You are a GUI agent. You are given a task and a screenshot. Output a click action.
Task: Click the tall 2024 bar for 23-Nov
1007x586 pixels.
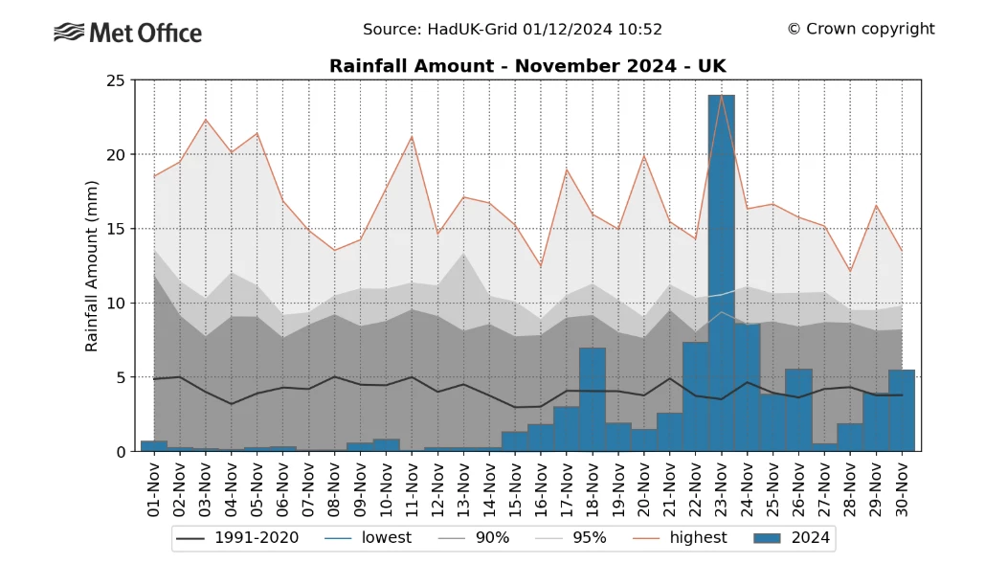click(721, 273)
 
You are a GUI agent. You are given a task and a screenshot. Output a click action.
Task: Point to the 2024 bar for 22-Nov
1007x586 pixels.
click(695, 396)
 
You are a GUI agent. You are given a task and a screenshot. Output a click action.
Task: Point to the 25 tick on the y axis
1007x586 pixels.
click(117, 80)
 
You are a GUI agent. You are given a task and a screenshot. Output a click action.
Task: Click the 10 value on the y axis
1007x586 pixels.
click(117, 304)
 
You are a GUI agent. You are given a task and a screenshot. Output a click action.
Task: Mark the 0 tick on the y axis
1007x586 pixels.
click(122, 452)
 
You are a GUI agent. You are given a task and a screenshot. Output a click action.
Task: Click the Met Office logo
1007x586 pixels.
click(127, 34)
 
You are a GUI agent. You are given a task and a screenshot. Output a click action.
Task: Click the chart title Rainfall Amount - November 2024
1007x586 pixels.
click(527, 66)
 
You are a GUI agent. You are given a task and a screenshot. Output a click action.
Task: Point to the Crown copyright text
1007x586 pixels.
click(861, 29)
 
